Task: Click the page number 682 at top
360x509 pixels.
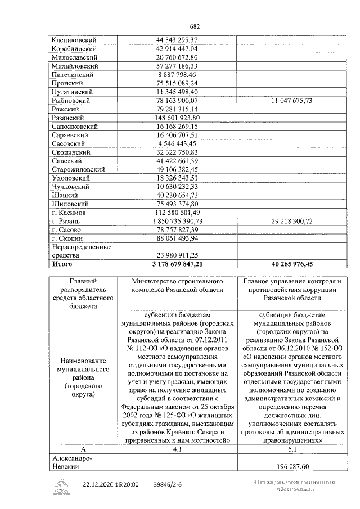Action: point(195,26)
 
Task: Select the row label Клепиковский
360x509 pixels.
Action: point(74,40)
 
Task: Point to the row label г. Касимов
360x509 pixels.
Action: point(69,213)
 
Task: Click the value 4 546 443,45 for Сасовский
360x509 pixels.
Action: point(177,144)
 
